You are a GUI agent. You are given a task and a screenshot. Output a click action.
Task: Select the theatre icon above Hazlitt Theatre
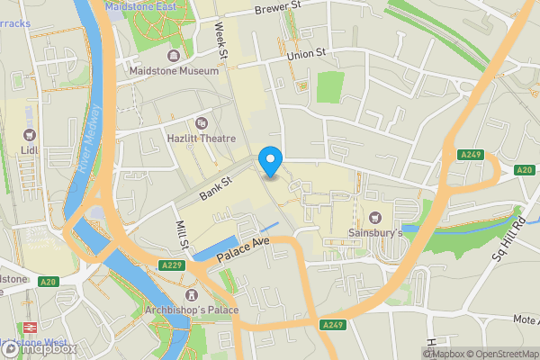coord(201,123)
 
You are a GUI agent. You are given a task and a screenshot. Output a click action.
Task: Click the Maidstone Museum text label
coord(174,70)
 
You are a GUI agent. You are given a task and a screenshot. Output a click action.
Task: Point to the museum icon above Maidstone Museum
coord(174,54)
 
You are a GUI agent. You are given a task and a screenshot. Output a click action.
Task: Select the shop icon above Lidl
coord(30,136)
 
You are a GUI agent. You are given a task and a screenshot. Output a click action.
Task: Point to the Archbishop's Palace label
coord(191,310)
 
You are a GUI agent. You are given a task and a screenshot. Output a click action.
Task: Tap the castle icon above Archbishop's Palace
coord(191,295)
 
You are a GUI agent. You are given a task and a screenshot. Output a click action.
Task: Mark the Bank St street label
coord(216,188)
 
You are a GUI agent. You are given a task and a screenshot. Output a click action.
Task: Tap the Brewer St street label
coord(276,9)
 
